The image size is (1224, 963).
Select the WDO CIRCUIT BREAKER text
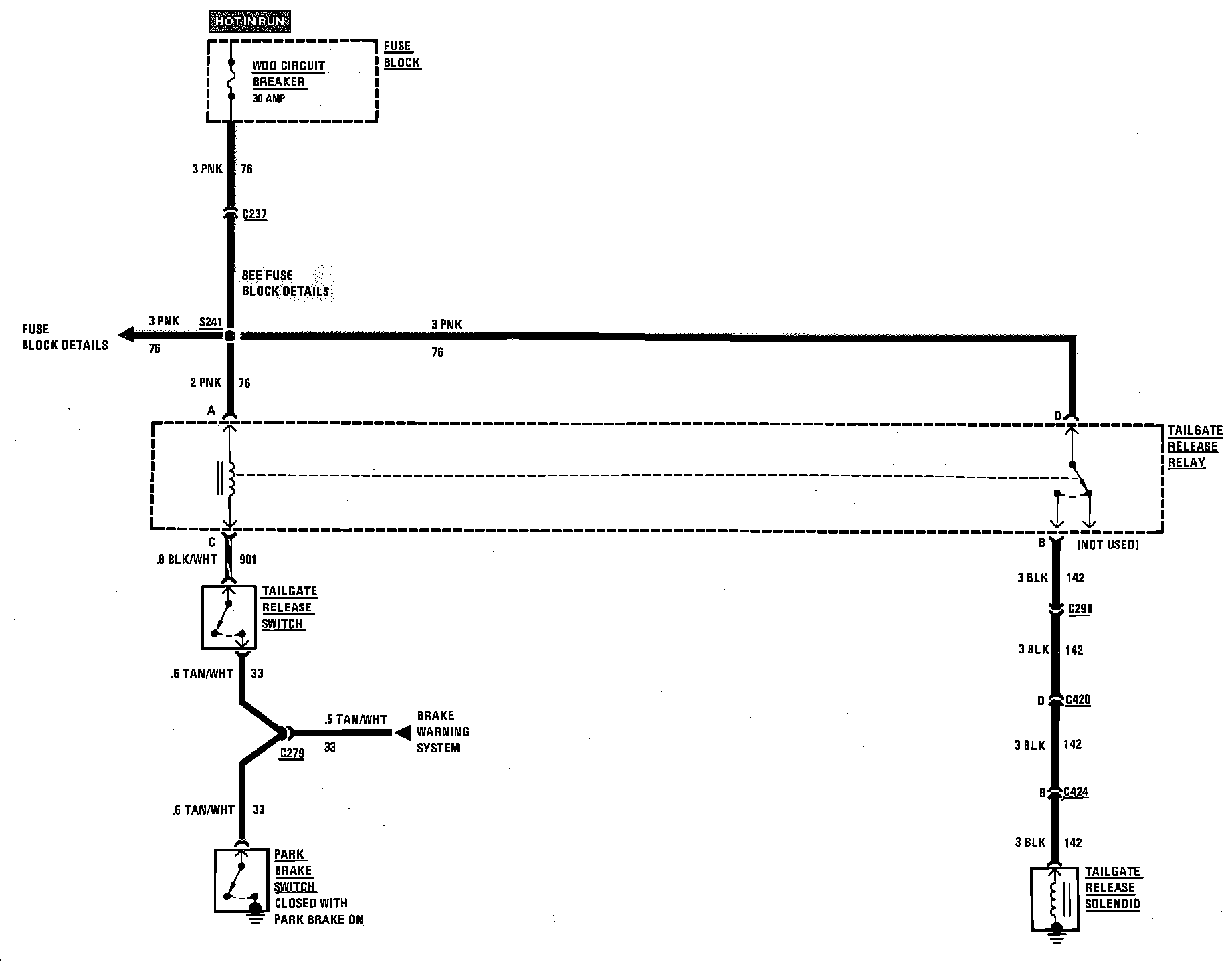(288, 74)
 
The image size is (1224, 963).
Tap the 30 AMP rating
(269, 98)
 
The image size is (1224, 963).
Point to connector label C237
(255, 215)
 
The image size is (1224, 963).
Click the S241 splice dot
(229, 336)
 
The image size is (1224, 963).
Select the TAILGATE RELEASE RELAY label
(1195, 447)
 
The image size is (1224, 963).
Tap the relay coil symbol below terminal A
(231, 478)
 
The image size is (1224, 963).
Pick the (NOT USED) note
(1107, 545)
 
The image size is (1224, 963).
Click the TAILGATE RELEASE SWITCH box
(229, 617)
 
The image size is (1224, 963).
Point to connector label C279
(292, 753)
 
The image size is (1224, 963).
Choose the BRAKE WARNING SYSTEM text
(442, 732)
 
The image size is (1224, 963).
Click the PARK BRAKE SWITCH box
(241, 880)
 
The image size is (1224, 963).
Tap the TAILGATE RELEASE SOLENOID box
(1055, 898)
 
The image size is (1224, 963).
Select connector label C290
(1080, 609)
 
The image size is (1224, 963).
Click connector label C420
(1078, 700)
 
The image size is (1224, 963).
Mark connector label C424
(1076, 792)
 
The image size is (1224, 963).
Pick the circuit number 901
(247, 559)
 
